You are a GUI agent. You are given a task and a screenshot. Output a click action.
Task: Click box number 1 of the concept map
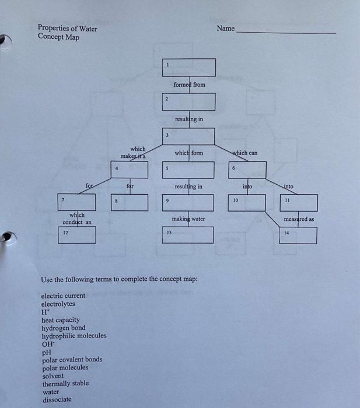[188, 68]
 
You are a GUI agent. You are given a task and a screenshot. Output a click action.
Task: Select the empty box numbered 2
[188, 102]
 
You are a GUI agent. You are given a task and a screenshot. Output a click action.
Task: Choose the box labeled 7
[77, 203]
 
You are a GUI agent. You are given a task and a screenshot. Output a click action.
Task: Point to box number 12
[77, 235]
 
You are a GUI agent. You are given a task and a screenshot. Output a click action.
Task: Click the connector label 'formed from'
[190, 85]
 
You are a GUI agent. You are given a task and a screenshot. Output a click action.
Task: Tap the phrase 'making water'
[188, 219]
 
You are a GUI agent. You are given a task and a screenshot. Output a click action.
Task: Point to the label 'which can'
[245, 153]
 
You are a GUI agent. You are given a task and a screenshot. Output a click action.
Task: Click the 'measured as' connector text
[299, 219]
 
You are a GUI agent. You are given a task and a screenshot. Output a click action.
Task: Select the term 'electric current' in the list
[63, 296]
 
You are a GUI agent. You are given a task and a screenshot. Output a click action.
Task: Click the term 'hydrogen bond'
[64, 328]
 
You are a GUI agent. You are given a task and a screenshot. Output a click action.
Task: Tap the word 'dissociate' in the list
[57, 400]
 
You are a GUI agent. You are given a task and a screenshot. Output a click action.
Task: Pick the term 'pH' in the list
[46, 352]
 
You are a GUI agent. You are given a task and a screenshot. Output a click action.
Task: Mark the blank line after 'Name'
[286, 32]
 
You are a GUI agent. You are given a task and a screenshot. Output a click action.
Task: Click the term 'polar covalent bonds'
[72, 360]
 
